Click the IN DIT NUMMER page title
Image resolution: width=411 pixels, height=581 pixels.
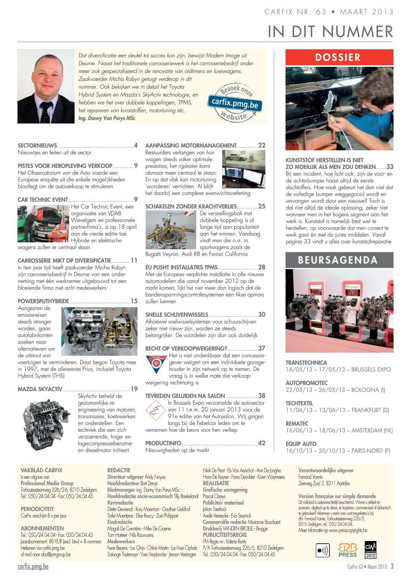coord(330,31)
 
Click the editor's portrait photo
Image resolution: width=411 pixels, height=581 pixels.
coord(46,86)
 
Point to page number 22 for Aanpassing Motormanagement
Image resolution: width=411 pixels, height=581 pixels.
coord(262,145)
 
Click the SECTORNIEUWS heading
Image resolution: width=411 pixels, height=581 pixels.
coord(37,146)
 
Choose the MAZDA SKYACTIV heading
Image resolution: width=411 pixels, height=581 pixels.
coord(40,389)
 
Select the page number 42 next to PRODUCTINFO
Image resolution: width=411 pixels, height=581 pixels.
coord(262,443)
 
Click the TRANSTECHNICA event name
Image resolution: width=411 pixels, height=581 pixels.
coord(307,363)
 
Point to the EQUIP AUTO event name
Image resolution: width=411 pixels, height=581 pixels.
coord(301,444)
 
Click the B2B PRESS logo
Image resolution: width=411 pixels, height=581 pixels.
coord(347,550)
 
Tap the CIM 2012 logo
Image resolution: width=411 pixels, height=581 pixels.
coord(371,550)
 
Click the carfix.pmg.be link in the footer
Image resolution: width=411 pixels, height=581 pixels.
coord(33,567)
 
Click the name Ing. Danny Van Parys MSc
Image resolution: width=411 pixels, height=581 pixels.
coord(107,118)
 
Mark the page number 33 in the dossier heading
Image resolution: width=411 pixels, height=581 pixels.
coord(390,167)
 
